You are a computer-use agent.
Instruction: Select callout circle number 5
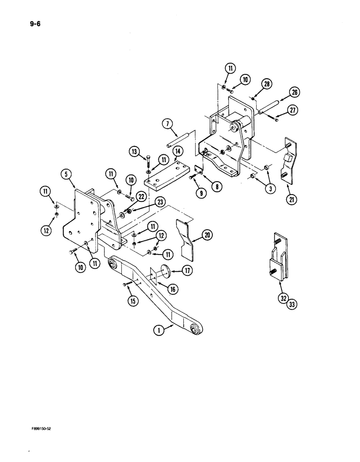click(x=68, y=175)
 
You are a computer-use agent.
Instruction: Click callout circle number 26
click(x=294, y=92)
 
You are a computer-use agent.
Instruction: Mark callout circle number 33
click(x=292, y=304)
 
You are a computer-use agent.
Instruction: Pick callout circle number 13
click(x=134, y=151)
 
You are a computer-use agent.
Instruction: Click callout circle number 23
click(x=147, y=201)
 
